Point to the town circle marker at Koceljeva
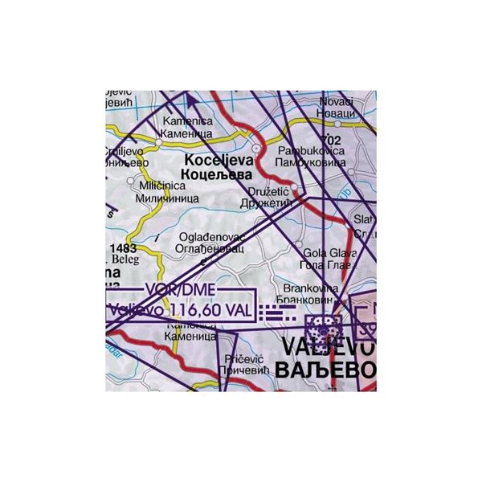[256, 149]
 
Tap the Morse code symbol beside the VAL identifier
[281, 312]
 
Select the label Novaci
[336, 102]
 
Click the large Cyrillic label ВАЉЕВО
[324, 370]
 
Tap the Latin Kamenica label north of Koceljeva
[184, 121]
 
